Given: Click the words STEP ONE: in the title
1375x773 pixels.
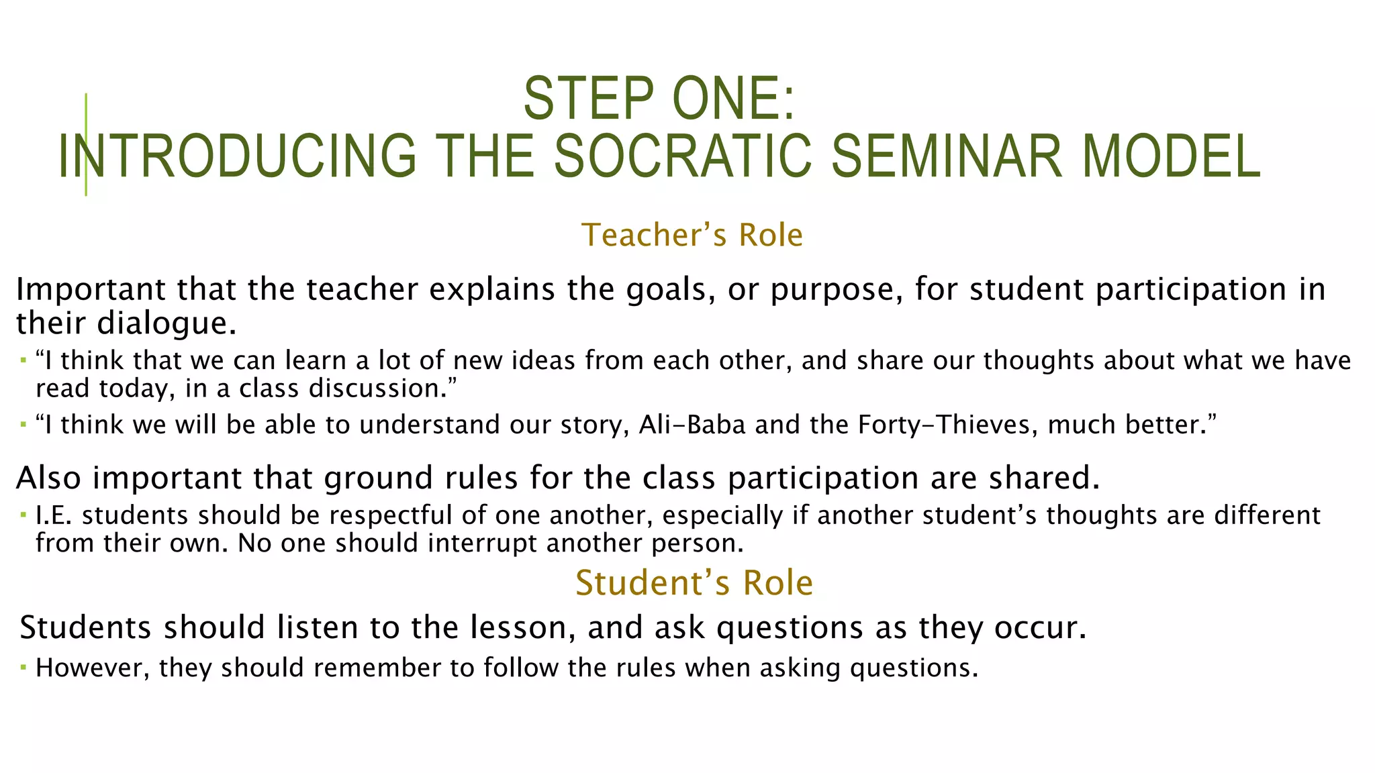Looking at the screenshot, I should pyautogui.click(x=659, y=99).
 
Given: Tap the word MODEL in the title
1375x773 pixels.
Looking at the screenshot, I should pyautogui.click(x=1171, y=156).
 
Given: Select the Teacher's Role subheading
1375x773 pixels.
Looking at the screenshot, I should pyautogui.click(x=692, y=236).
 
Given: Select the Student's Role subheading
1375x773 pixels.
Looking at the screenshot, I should pyautogui.click(x=694, y=582).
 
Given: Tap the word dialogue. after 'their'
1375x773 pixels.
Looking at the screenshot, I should pyautogui.click(x=167, y=323).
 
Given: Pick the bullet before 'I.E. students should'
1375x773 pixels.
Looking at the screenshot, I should pyautogui.click(x=23, y=516).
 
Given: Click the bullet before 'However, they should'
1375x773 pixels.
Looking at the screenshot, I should pyautogui.click(x=23, y=668).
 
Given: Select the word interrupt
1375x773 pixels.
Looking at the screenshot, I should pyautogui.click(x=483, y=544).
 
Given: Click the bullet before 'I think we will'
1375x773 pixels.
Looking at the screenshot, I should pyautogui.click(x=23, y=425).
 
